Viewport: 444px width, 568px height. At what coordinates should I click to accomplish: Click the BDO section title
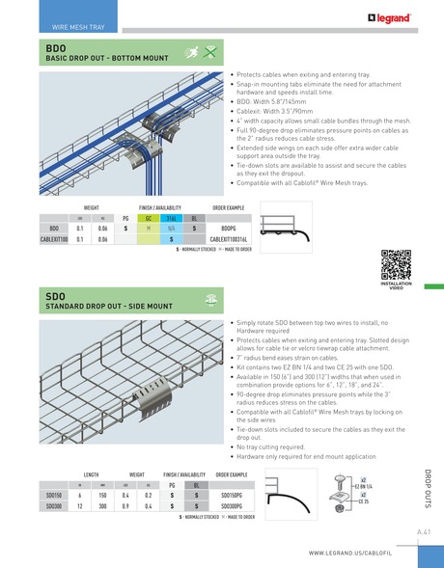point(55,47)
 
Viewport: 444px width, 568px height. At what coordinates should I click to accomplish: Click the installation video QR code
point(397,262)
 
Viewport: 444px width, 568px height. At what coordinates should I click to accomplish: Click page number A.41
point(423,532)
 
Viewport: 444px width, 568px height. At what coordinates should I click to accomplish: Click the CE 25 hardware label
point(364,500)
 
